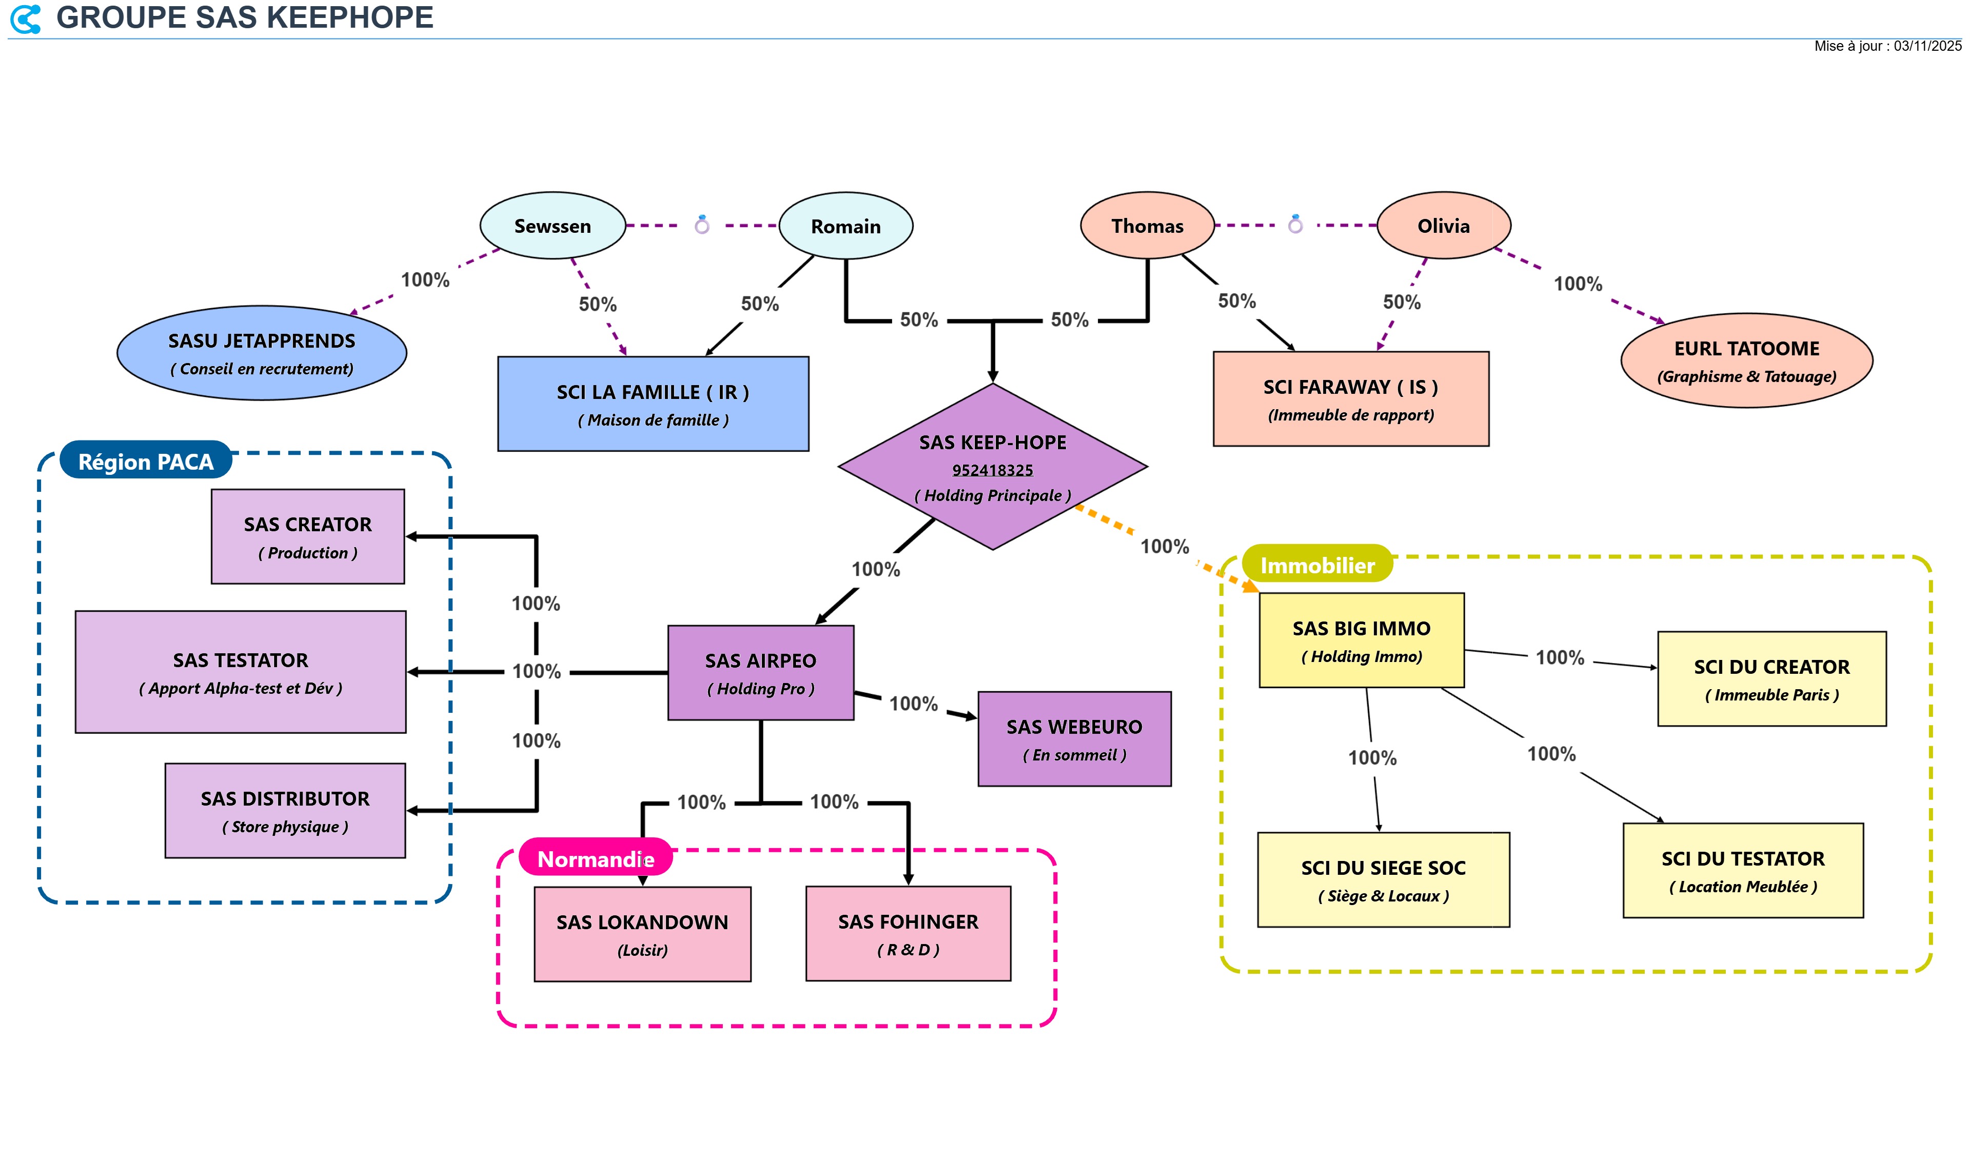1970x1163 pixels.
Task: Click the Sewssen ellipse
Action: click(552, 226)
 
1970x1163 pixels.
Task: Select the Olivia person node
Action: click(1443, 226)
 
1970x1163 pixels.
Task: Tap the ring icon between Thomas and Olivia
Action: click(1295, 225)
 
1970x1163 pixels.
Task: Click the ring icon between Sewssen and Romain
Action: click(702, 225)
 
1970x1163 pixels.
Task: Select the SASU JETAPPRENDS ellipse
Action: click(261, 353)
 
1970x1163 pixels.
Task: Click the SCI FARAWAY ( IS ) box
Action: click(1350, 399)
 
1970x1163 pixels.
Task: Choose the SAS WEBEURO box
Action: click(1074, 739)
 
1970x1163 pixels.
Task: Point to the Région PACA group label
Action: click(146, 462)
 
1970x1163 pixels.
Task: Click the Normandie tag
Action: click(595, 859)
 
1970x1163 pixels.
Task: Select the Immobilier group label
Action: click(1316, 565)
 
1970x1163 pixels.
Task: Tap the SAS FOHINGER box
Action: click(908, 933)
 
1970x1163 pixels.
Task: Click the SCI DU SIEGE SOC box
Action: click(1383, 880)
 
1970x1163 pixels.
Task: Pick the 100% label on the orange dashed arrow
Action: click(1164, 546)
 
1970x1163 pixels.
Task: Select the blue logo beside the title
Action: click(26, 19)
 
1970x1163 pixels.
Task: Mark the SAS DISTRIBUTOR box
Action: click(285, 811)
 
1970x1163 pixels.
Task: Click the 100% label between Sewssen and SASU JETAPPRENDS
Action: click(425, 280)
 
